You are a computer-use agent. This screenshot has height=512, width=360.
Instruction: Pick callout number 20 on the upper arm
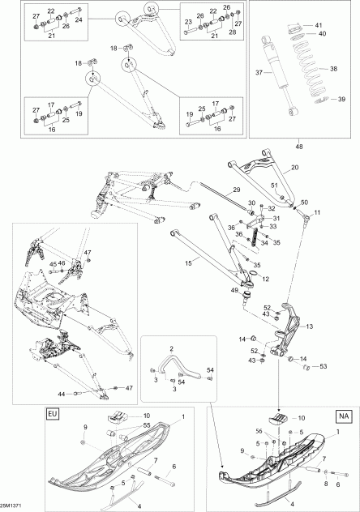(x=295, y=168)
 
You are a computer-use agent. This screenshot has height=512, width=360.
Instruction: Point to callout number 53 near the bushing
(x=323, y=367)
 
